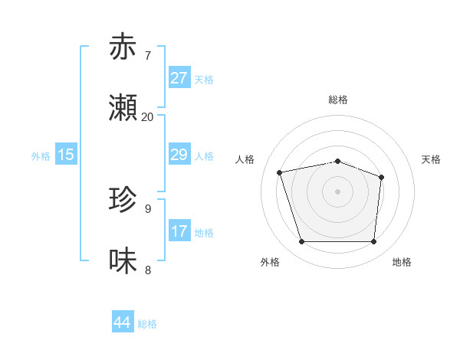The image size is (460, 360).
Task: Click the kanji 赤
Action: pos(123,47)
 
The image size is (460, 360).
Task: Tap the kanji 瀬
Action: pos(123,109)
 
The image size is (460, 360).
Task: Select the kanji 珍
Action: pos(123,201)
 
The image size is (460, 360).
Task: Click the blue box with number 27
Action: pos(179,78)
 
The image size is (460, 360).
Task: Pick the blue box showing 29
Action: pos(179,155)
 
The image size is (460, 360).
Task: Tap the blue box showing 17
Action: pos(179,231)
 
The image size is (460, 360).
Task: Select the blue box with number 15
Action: pos(66,155)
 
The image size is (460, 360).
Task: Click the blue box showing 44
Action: pos(122,322)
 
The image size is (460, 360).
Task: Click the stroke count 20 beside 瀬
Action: pos(147,117)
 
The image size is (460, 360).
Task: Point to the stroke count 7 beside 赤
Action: pos(148,56)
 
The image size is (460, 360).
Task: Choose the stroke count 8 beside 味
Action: pos(148,270)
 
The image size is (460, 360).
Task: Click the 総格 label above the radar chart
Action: pos(338,100)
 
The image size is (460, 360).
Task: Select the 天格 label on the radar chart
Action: pos(431,159)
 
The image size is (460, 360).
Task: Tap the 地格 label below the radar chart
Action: pos(402,263)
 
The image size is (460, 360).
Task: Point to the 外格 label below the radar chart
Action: pos(270,263)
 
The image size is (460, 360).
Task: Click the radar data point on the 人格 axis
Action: pos(280,172)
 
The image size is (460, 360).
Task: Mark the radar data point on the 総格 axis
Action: pos(338,162)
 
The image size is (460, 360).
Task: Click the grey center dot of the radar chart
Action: pos(338,191)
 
